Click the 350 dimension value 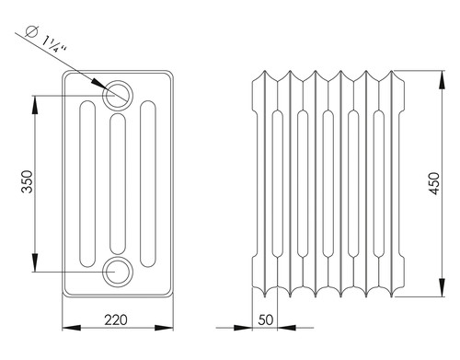tap(28, 181)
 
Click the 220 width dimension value tap(116, 320)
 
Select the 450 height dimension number tap(434, 183)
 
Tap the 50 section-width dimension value tap(266, 320)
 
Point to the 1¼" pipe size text tap(54, 44)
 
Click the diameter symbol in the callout tap(32, 31)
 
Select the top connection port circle tap(118, 95)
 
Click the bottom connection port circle tap(118, 272)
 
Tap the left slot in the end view tap(87, 184)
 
